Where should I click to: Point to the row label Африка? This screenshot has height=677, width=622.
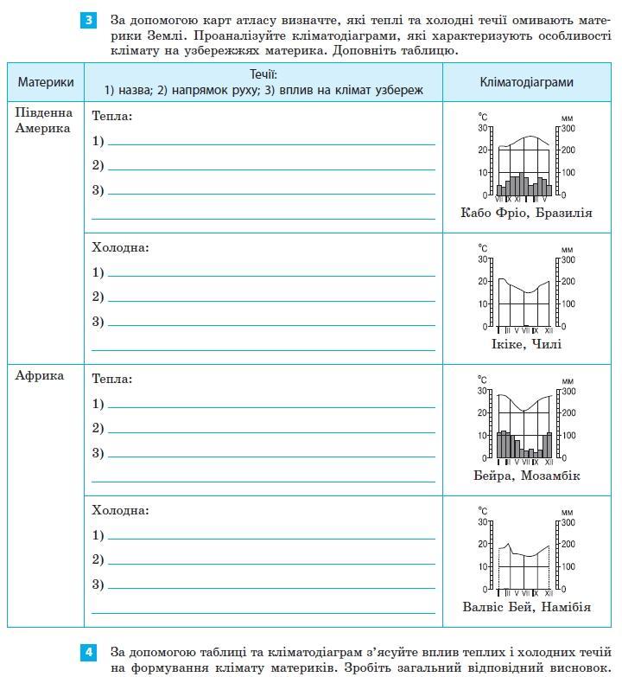[40, 375]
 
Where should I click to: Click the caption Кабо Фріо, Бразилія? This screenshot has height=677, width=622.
[526, 213]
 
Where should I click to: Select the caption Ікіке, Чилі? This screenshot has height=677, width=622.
[526, 344]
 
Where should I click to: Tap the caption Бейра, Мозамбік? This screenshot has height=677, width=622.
[526, 476]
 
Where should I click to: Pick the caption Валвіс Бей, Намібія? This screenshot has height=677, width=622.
[526, 607]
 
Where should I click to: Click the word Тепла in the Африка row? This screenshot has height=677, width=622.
[111, 379]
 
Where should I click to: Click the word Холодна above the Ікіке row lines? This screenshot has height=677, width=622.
[120, 247]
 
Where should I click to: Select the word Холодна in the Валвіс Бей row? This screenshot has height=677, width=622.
[120, 510]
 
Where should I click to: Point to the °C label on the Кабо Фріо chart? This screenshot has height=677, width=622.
[484, 116]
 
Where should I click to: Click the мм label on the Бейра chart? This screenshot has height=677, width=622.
[567, 380]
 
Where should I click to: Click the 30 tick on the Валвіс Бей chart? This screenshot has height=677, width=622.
[483, 522]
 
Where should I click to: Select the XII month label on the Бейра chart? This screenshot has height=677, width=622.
[549, 462]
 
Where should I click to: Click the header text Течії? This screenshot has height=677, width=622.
[263, 75]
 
